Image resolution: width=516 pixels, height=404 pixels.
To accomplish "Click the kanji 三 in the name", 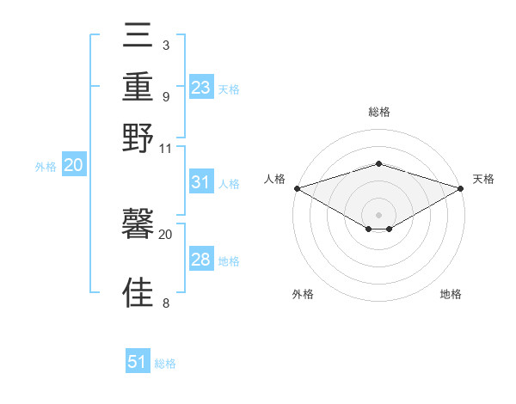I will coord(138,36).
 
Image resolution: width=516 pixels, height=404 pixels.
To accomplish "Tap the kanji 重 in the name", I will coord(138,87).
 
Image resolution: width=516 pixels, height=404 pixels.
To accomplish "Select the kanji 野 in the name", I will coord(138,138).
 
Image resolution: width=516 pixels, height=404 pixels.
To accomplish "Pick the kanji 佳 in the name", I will coord(138,292).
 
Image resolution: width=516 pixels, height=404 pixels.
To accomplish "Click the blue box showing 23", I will coord(201,87).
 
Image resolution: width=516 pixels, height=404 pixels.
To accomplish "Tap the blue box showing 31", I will coord(201,182).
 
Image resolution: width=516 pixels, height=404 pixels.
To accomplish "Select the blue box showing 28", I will coord(201,260).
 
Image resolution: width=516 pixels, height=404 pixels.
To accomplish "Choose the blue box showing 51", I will coord(138,362).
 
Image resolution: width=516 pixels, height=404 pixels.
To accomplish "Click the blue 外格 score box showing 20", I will coord(73,166).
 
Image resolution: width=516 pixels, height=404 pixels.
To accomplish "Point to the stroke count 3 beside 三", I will coord(165,45).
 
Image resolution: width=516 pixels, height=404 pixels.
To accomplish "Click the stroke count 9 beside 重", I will coord(165,96).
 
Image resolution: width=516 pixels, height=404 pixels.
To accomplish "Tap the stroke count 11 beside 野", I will coord(166,148).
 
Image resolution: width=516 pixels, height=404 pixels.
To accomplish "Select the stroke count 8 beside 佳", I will coord(165,303).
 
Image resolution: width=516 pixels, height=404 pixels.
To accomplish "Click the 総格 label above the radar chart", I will coord(379,112).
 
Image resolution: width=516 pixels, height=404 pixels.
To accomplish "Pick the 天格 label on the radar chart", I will coord(483,179).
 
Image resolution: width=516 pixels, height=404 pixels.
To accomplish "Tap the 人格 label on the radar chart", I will coord(274,179).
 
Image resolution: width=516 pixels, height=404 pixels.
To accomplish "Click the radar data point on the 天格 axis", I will coord(461,188).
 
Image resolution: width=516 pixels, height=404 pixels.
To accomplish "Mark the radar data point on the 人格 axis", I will coord(297,188).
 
